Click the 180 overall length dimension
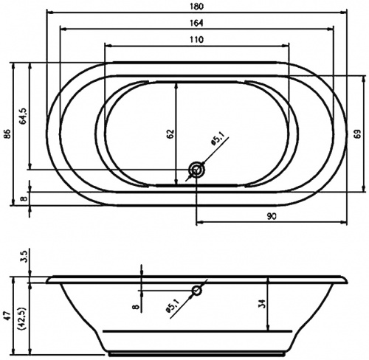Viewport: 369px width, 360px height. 197,6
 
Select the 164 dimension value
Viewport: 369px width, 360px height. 196,23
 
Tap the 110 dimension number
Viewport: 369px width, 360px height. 196,40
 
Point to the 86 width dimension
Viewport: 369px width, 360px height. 8,134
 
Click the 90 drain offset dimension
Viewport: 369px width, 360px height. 272,216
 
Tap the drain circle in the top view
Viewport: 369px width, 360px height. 197,170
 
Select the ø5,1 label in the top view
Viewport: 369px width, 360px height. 217,141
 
